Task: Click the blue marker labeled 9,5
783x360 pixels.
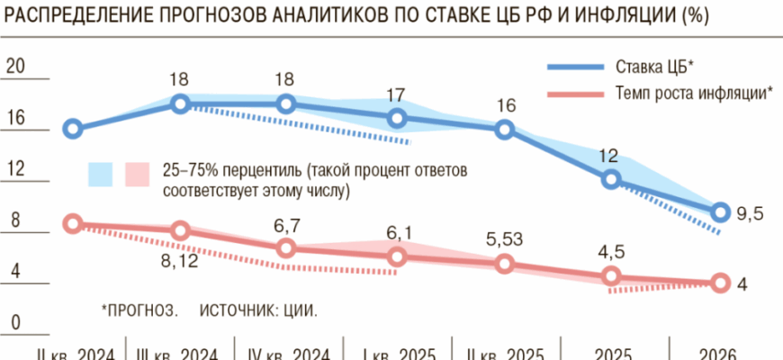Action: click(718, 212)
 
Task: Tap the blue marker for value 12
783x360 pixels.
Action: click(611, 179)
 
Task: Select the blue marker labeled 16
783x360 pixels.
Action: click(505, 130)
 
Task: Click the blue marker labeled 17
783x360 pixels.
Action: click(398, 119)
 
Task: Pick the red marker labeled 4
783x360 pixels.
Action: click(718, 283)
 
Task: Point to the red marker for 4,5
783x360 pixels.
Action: click(611, 275)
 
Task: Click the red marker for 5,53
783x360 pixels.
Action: click(505, 264)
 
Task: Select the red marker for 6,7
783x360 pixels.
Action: click(286, 247)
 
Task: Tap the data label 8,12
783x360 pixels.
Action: click(179, 262)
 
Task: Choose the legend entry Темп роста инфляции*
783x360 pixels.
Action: click(693, 92)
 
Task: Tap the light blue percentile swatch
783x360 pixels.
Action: click(99, 175)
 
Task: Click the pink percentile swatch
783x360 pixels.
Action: click(136, 175)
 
